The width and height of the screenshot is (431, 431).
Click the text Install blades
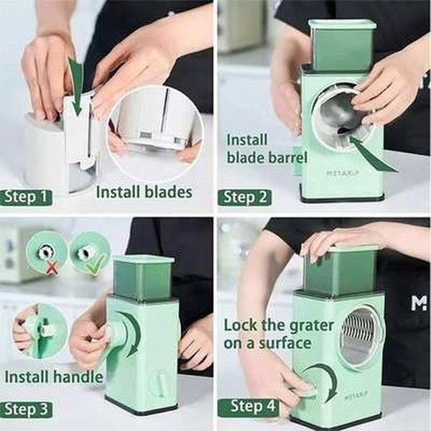pyautogui.click(x=144, y=192)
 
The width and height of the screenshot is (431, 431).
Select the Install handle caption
pyautogui.click(x=53, y=376)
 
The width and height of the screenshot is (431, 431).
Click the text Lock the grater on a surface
pyautogui.click(x=278, y=334)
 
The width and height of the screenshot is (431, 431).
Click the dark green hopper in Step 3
pyautogui.click(x=143, y=277)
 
